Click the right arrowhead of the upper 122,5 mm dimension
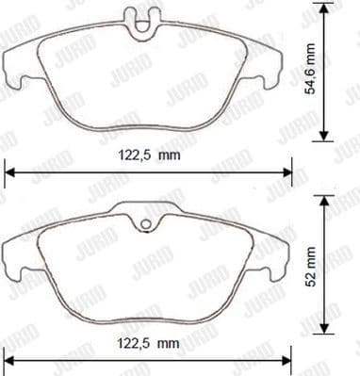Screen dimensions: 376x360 click(x=289, y=171)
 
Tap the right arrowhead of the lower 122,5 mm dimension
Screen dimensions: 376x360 click(x=289, y=360)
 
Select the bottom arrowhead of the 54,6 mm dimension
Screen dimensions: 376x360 click(x=326, y=138)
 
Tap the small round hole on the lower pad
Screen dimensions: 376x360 click(x=147, y=224)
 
